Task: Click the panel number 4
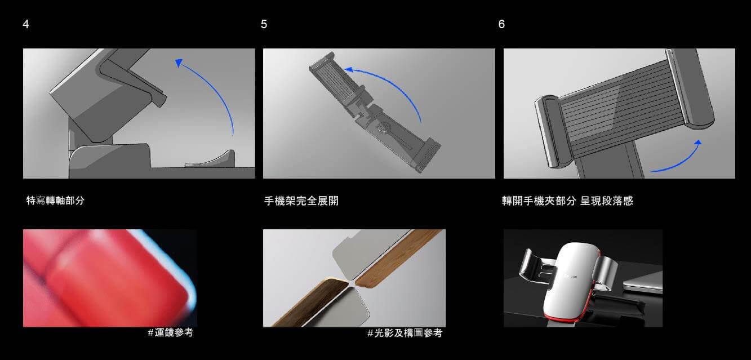tap(26, 24)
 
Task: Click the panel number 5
tap(264, 24)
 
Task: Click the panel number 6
tap(501, 24)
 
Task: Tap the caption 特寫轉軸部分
tap(55, 201)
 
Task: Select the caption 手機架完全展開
tap(301, 201)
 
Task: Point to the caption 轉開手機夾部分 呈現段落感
tap(567, 201)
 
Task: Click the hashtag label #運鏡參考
tap(170, 332)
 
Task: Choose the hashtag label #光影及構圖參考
tap(405, 333)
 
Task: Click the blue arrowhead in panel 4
tap(179, 63)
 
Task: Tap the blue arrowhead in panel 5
tap(349, 70)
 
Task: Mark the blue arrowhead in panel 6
tap(697, 143)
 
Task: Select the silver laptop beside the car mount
tap(643, 283)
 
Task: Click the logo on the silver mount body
tap(570, 277)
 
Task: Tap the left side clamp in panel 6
tap(551, 131)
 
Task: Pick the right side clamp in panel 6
tap(691, 87)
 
